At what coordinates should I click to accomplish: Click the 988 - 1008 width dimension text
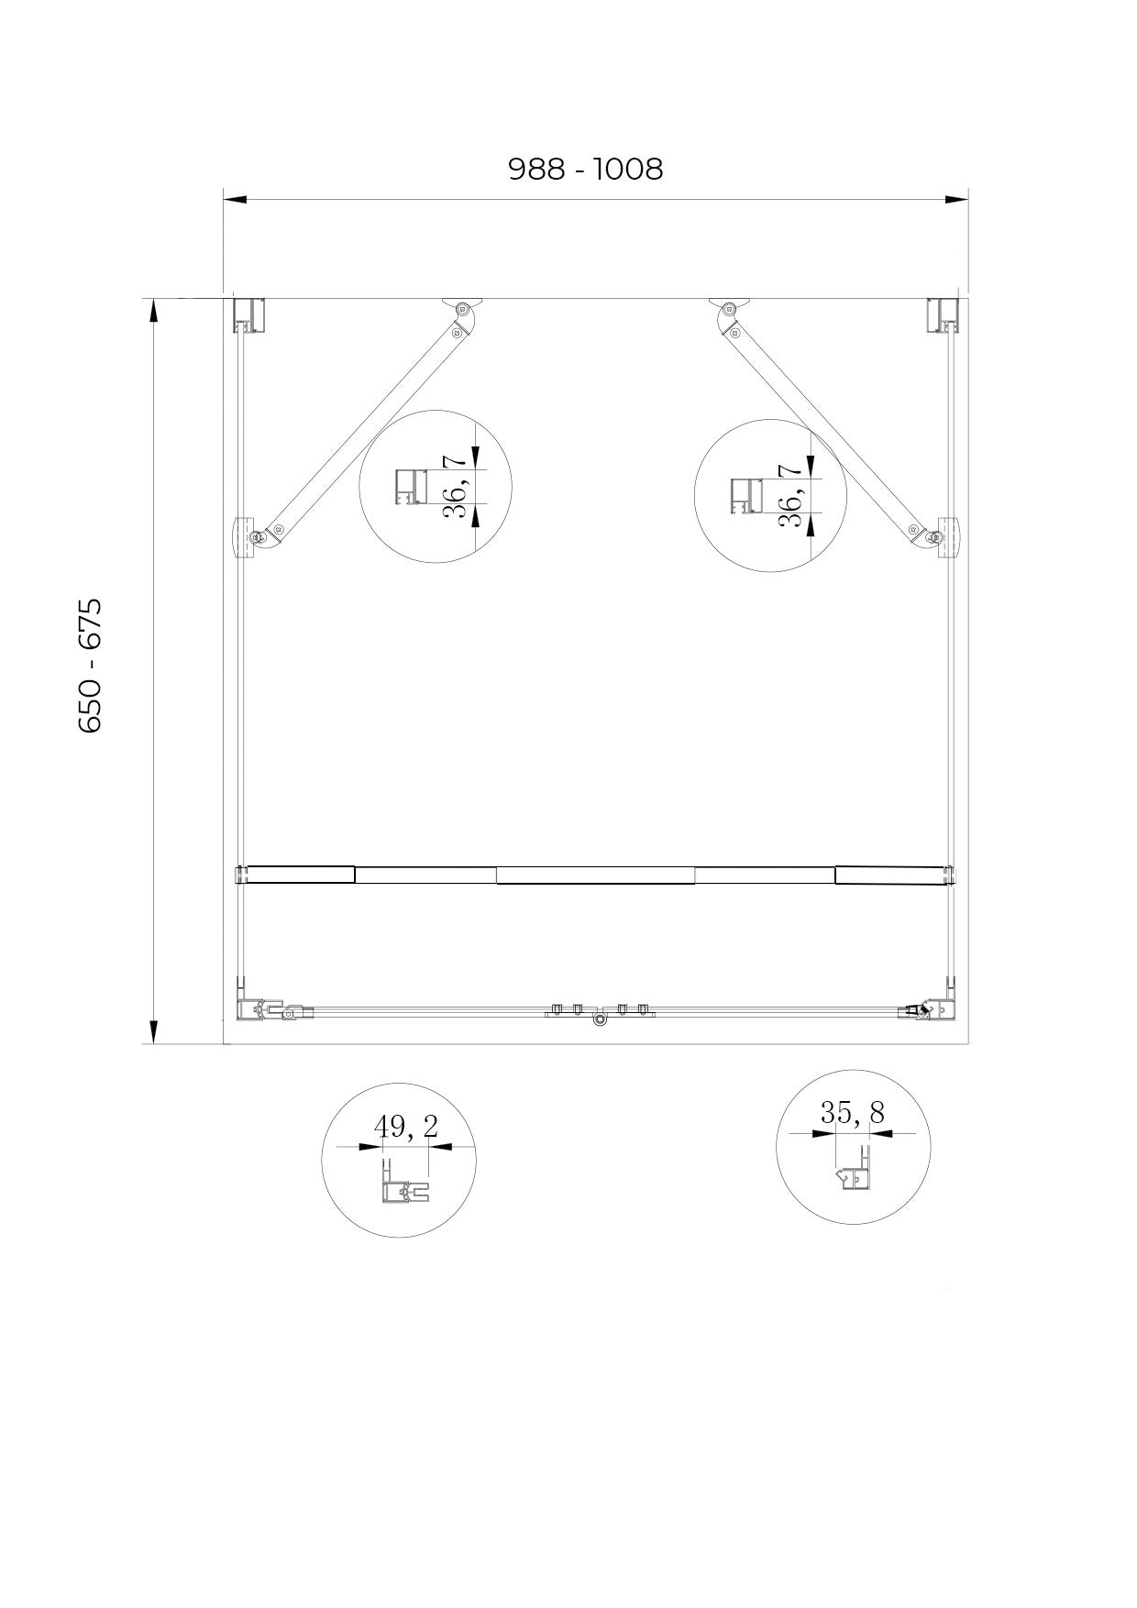coord(585,169)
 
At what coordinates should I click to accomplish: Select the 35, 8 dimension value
coord(852,1113)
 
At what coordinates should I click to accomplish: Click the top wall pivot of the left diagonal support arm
coord(464,308)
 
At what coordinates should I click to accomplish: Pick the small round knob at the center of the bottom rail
coord(600,1019)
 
